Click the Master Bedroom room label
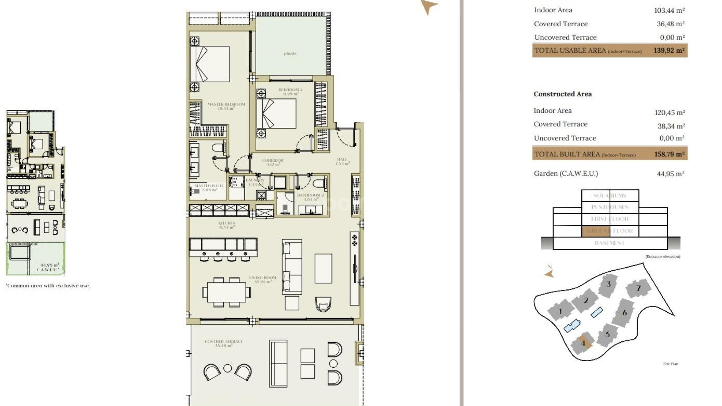[x=226, y=106]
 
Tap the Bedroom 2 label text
[x=290, y=92]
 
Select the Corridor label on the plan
[x=273, y=162]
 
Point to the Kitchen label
[x=227, y=225]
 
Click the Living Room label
[x=262, y=279]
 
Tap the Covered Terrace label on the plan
[x=224, y=343]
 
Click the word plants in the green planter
[x=290, y=53]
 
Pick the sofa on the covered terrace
[x=278, y=364]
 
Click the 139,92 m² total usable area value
[x=669, y=50]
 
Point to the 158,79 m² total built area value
[x=669, y=154]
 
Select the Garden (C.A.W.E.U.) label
[x=566, y=173]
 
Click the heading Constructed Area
[x=563, y=94]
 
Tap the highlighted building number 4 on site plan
[x=583, y=343]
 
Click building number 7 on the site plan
[x=638, y=288]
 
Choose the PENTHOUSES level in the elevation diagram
[x=610, y=207]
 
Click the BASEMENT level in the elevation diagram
[x=610, y=243]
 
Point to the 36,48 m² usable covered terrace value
[x=670, y=24]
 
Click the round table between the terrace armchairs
[x=228, y=368]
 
